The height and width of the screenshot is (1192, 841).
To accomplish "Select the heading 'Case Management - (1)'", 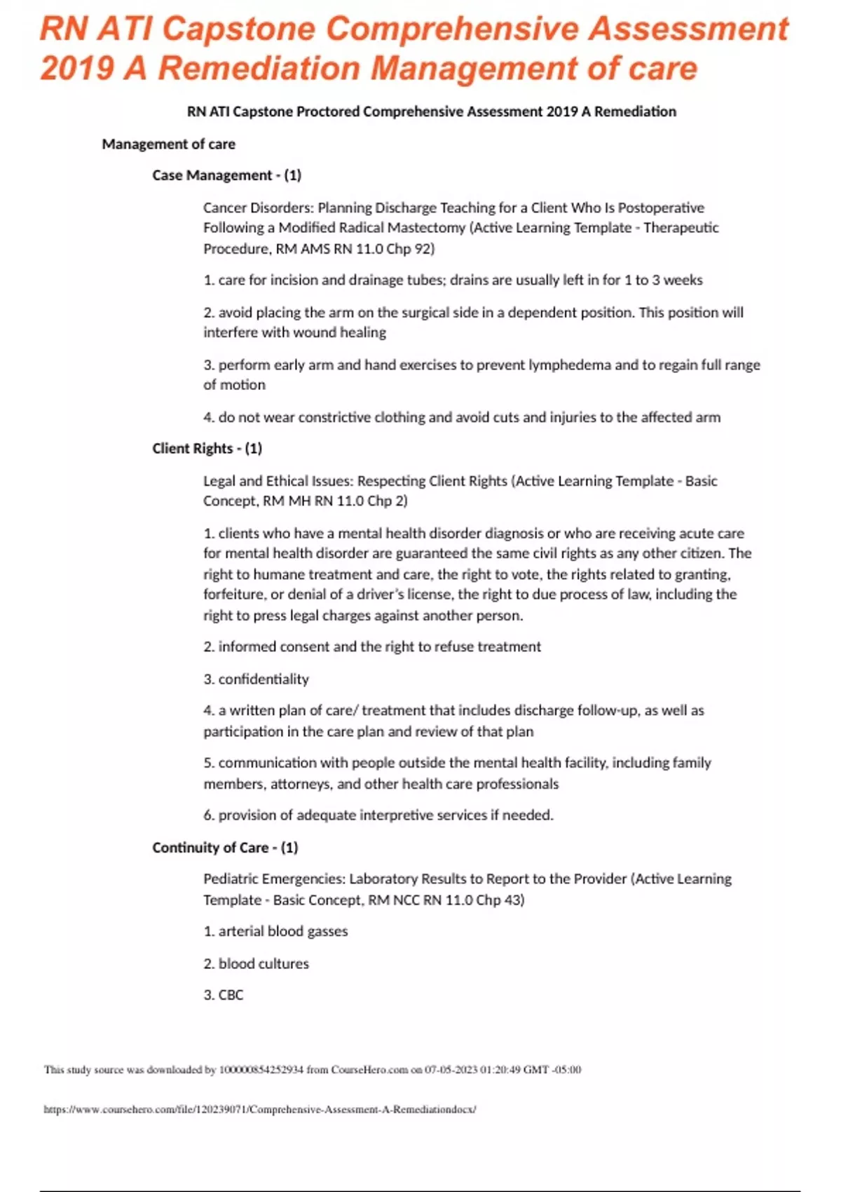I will [x=226, y=175].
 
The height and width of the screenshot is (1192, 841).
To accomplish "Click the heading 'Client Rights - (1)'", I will [x=207, y=449].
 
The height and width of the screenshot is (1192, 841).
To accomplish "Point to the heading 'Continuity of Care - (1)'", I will [x=225, y=848].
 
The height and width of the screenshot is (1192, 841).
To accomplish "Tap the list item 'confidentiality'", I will [x=263, y=679].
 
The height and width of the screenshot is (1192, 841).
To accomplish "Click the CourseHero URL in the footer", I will [x=260, y=1109].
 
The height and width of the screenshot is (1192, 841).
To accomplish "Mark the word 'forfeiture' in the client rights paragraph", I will [x=235, y=595].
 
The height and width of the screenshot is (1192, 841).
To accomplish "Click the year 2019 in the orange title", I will [x=77, y=69].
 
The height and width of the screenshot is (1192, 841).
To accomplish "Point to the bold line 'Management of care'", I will [x=168, y=144].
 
